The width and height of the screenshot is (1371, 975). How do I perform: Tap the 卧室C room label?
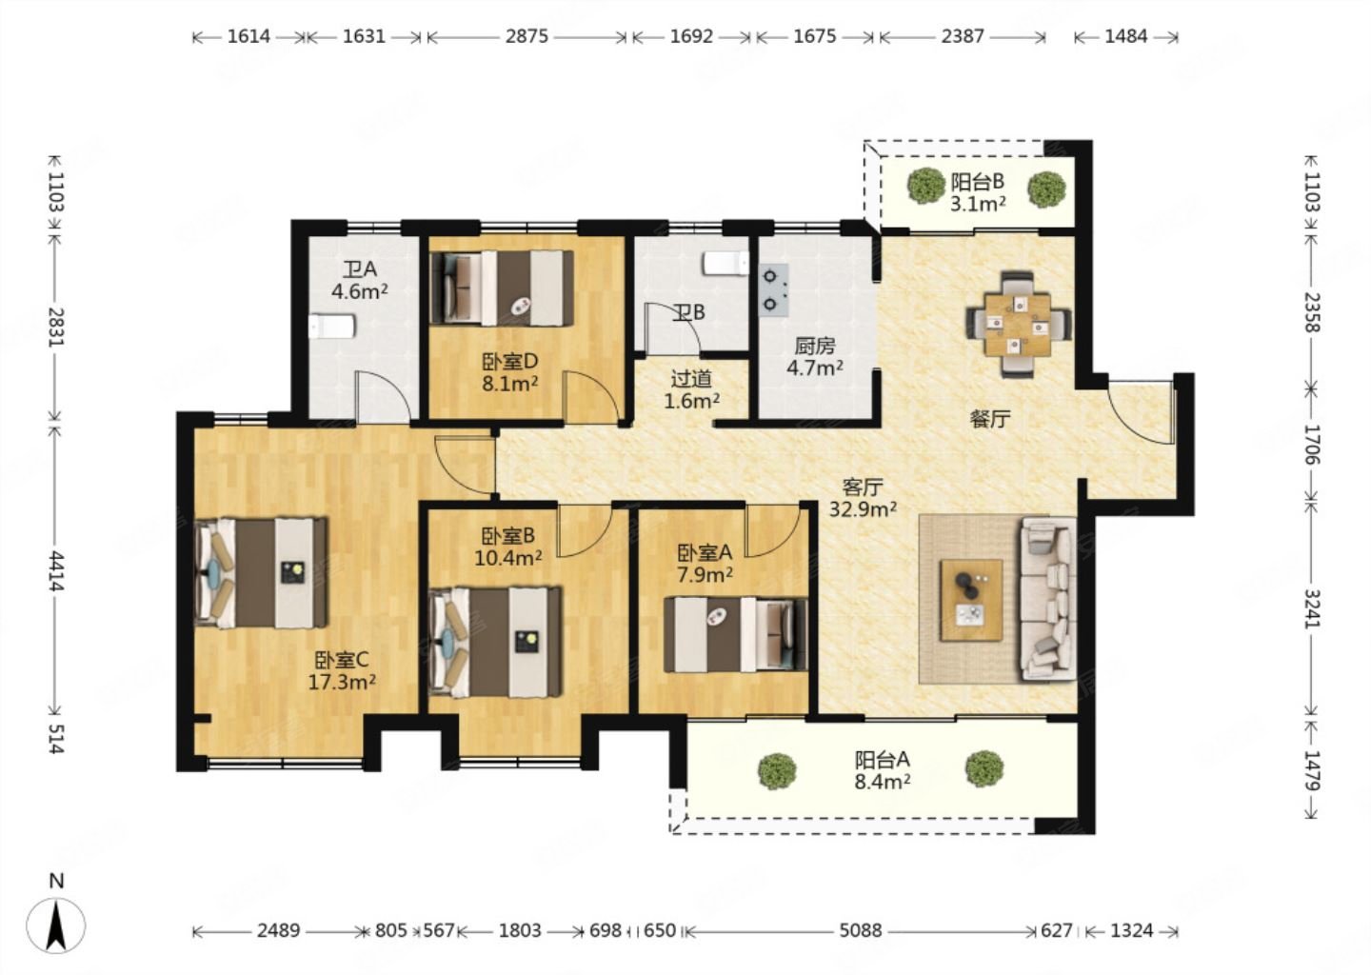coord(342,660)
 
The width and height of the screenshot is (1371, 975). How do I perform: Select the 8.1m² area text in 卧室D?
coord(510,385)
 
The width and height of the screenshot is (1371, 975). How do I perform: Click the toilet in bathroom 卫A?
coord(332,327)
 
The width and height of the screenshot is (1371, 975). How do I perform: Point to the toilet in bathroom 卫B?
coord(725,263)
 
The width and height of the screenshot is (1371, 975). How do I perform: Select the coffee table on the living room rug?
coord(971,601)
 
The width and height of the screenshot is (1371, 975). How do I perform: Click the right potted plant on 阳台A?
coord(984,769)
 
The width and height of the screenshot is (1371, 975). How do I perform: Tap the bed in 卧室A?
coord(736,635)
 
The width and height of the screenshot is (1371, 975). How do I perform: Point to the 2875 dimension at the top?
coord(527,37)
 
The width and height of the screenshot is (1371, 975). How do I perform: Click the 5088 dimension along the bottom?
coord(861,931)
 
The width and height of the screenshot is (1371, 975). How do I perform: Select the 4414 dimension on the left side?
coord(56,571)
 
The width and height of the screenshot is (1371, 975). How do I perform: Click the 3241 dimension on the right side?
coord(1312,608)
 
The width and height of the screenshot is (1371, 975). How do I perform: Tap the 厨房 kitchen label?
coord(815,347)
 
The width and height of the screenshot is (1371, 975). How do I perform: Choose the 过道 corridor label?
coord(691,379)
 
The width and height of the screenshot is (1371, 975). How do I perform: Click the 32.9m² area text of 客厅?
coord(863,509)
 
